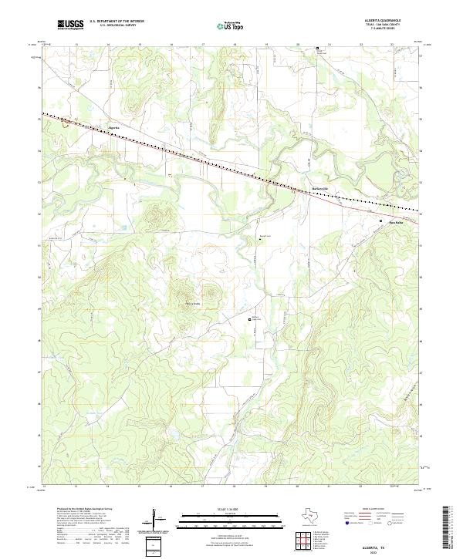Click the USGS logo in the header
70,25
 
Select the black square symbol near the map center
249,318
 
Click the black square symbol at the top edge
316,48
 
